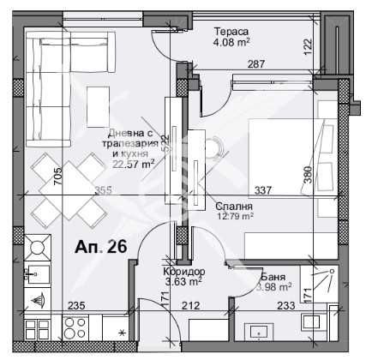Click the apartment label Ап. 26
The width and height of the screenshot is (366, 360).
tap(101, 247)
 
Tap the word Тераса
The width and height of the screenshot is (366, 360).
tap(230, 27)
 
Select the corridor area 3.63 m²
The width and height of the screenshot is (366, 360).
tap(183, 280)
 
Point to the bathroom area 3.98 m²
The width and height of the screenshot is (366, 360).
tap(274, 287)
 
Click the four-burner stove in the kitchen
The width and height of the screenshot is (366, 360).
tap(69, 328)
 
